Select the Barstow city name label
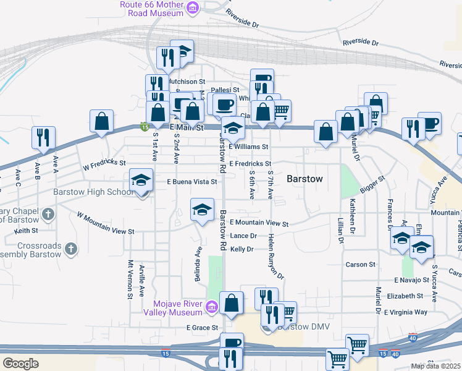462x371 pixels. (304, 179)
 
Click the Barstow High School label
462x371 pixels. (93, 192)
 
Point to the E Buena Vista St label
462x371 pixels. (193, 182)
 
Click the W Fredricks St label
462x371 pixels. (104, 166)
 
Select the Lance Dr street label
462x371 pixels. (243, 236)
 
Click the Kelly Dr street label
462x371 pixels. (241, 249)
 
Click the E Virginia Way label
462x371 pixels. (405, 312)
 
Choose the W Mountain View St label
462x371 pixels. (105, 224)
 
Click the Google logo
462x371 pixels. (20, 364)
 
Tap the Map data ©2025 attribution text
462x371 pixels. (435, 366)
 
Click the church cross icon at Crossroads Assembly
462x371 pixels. (71, 249)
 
